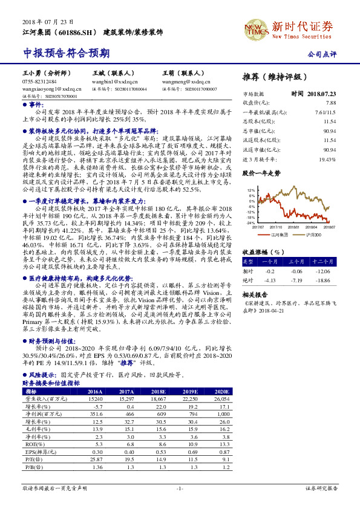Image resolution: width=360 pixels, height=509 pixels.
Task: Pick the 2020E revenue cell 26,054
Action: pos(221,400)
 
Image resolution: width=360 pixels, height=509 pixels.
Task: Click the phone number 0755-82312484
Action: pos(39,81)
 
